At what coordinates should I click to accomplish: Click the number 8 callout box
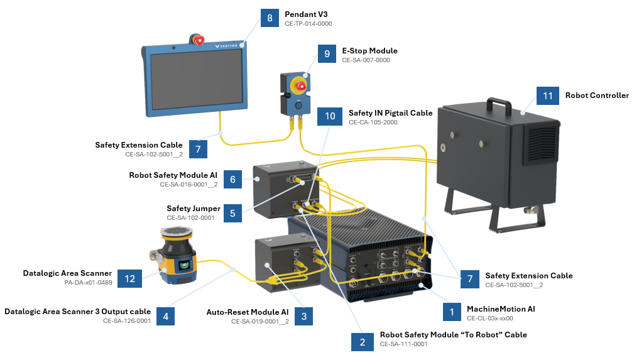click(x=270, y=18)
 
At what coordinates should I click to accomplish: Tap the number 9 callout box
click(x=327, y=55)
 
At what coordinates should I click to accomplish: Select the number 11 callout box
click(x=548, y=96)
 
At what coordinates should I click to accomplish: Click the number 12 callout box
click(x=130, y=279)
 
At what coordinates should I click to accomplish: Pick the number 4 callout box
click(x=165, y=316)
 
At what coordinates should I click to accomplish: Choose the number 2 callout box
click(x=363, y=342)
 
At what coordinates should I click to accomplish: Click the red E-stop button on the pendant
click(x=199, y=41)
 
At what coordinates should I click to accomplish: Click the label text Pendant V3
click(x=306, y=14)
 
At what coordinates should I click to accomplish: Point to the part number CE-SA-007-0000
click(x=366, y=60)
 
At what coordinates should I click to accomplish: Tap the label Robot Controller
click(x=597, y=95)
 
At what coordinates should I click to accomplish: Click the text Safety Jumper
click(x=194, y=208)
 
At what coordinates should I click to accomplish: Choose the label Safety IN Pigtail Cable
click(x=390, y=113)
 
